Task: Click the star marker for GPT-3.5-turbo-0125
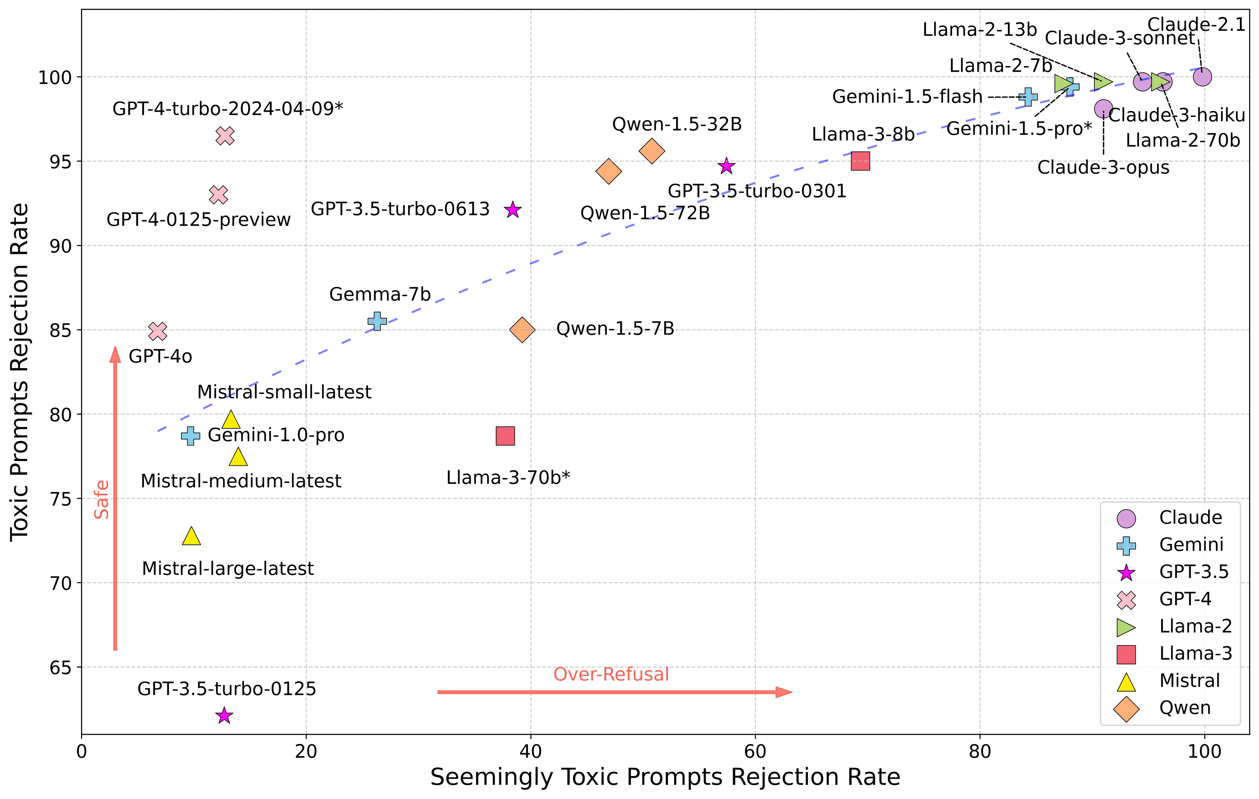coord(224,715)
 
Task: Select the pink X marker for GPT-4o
coord(157,331)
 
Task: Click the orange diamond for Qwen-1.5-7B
coord(522,330)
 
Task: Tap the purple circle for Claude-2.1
coord(1202,77)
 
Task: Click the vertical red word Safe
coord(101,499)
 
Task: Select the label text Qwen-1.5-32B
coord(677,124)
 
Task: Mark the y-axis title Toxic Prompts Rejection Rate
coord(20,372)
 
